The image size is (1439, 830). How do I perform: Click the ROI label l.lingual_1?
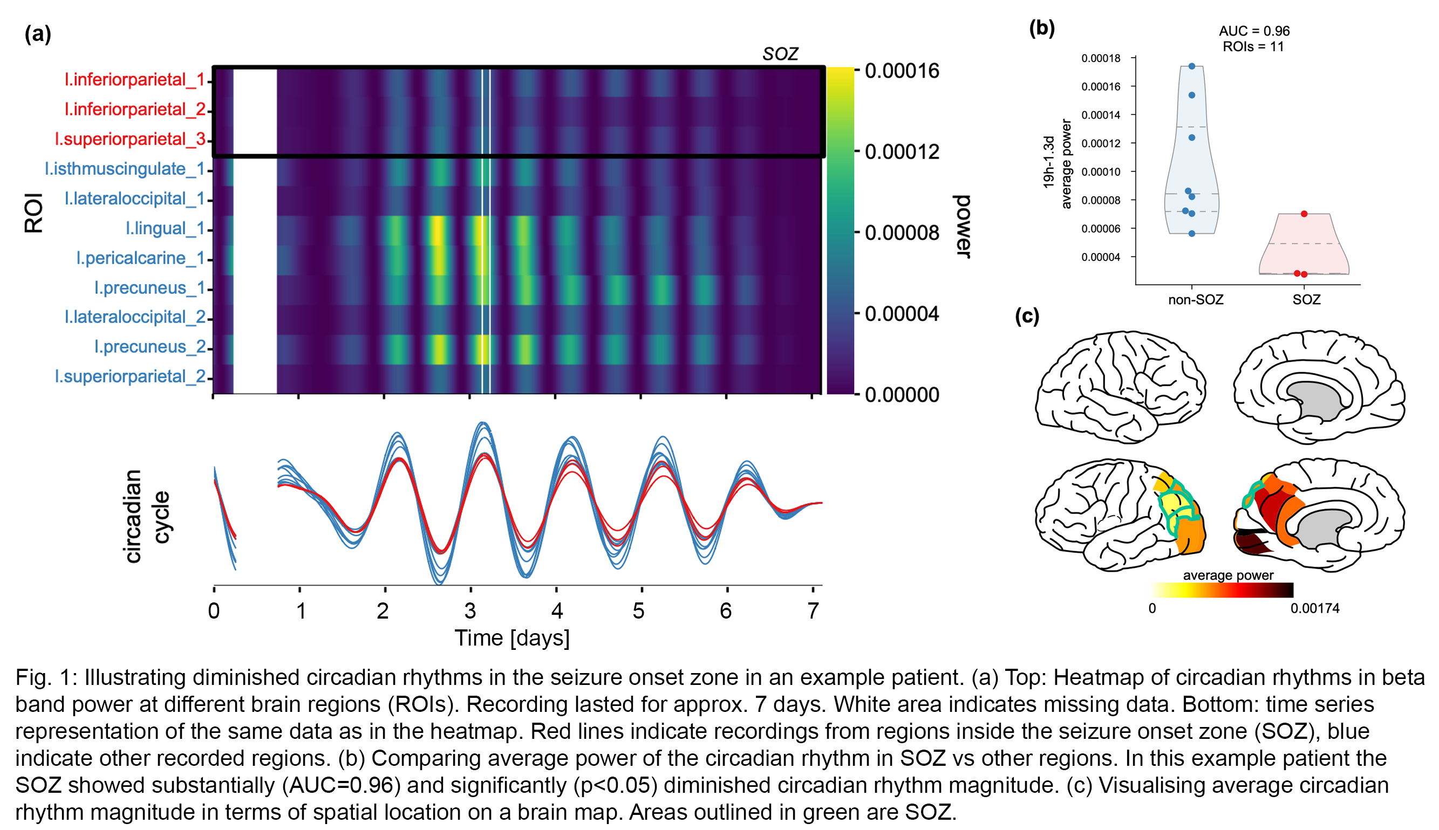point(165,229)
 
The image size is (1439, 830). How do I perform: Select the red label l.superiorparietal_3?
point(130,139)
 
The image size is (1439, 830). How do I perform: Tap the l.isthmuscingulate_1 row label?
point(124,169)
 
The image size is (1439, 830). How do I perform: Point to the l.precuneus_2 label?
point(149,347)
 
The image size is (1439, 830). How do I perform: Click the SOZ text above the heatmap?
point(780,54)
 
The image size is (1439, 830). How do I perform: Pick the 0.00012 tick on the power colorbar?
point(902,152)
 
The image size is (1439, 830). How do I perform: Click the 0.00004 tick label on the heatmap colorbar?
point(902,314)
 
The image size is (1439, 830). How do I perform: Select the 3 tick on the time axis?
point(470,611)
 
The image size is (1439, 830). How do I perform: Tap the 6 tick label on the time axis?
point(726,611)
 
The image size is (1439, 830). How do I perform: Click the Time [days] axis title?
point(512,638)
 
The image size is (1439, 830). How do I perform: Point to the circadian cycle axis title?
point(147,517)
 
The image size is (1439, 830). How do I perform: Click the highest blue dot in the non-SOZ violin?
point(1191,67)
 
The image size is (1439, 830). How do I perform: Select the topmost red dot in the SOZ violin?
point(1304,214)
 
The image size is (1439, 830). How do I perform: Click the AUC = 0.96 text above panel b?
point(1254,31)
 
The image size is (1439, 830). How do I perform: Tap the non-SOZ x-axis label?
point(1196,300)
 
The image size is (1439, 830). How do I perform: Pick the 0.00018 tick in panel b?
point(1100,58)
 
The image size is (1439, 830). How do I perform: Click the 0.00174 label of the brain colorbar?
point(1315,608)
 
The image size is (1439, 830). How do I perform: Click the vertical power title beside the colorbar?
point(962,227)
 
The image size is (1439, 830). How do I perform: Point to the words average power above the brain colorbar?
point(1228,575)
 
